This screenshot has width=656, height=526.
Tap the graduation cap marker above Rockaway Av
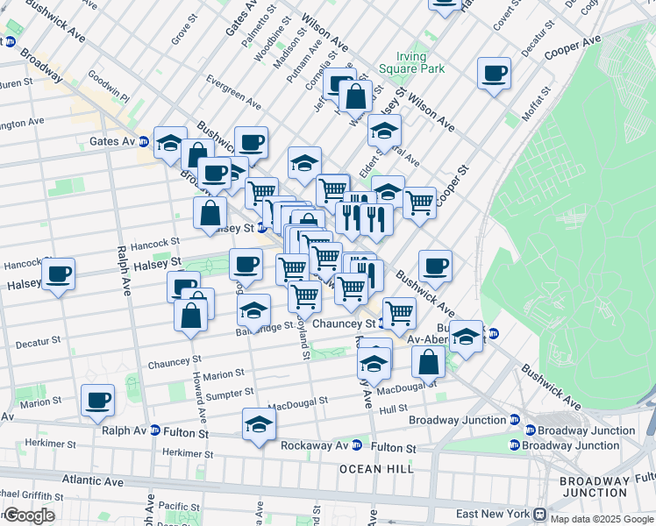(258, 424)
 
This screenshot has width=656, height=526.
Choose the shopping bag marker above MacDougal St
(428, 361)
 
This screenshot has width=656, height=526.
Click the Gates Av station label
(112, 141)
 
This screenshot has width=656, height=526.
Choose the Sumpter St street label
(230, 394)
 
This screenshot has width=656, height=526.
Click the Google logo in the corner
(28, 515)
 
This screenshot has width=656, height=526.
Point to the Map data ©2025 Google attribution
(602, 518)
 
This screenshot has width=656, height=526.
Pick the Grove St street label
(182, 34)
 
